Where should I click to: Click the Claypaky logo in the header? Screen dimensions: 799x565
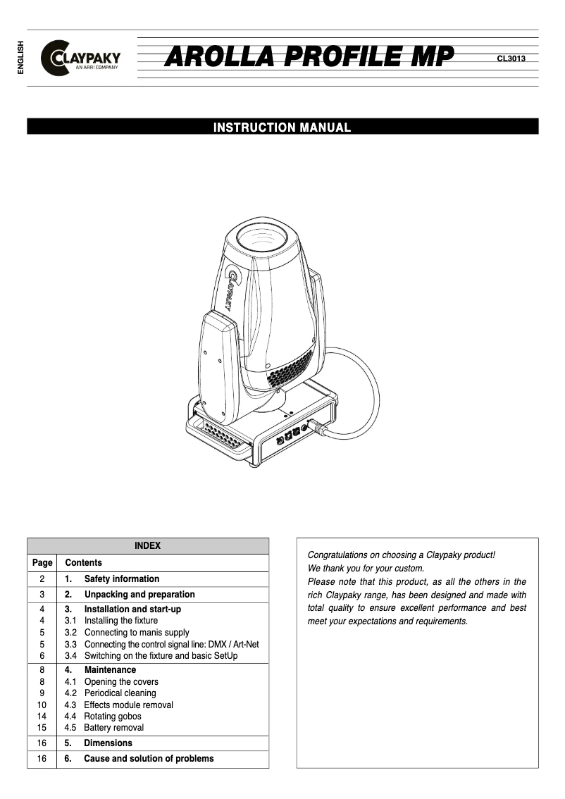point(81,58)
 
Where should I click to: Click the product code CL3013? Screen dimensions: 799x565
point(511,58)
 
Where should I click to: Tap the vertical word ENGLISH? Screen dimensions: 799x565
point(20,58)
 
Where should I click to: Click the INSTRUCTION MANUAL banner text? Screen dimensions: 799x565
point(282,128)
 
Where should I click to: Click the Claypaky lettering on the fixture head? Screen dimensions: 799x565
point(232,288)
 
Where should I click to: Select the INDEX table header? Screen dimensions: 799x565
point(147,546)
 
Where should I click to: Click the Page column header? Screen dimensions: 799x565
point(42,563)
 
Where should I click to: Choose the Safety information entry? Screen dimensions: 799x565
point(121,579)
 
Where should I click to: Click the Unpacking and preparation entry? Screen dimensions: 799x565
point(139,595)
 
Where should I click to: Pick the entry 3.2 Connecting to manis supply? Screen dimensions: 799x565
point(136,633)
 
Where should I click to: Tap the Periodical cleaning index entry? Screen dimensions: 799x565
point(120,693)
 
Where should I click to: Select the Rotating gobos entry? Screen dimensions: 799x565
point(112,717)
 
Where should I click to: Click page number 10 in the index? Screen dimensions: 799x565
point(42,705)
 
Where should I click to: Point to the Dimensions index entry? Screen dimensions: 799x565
point(107,743)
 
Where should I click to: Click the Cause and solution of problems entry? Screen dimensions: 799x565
point(148,759)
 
